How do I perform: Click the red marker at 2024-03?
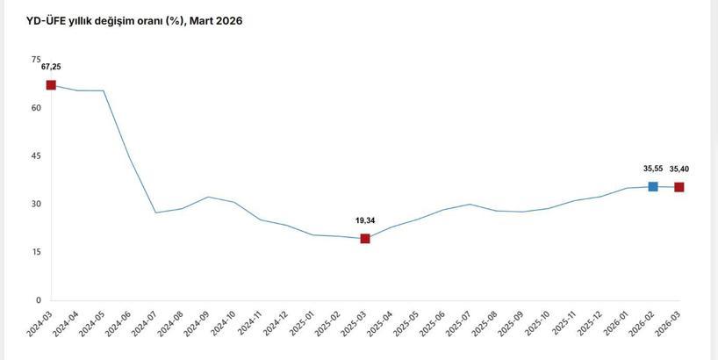click(x=51, y=85)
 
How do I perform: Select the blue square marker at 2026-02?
click(x=652, y=186)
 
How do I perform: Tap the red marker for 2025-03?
click(x=365, y=239)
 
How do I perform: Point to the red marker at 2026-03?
click(x=679, y=187)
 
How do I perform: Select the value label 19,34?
click(x=365, y=220)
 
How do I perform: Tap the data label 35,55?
click(x=652, y=169)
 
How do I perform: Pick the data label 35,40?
click(x=679, y=169)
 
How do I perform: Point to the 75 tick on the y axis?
click(x=36, y=60)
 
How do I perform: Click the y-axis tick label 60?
click(x=36, y=108)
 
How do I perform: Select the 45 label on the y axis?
click(x=36, y=156)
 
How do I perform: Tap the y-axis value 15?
click(x=36, y=252)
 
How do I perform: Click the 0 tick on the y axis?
click(x=39, y=300)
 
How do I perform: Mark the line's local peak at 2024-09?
click(x=208, y=197)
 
